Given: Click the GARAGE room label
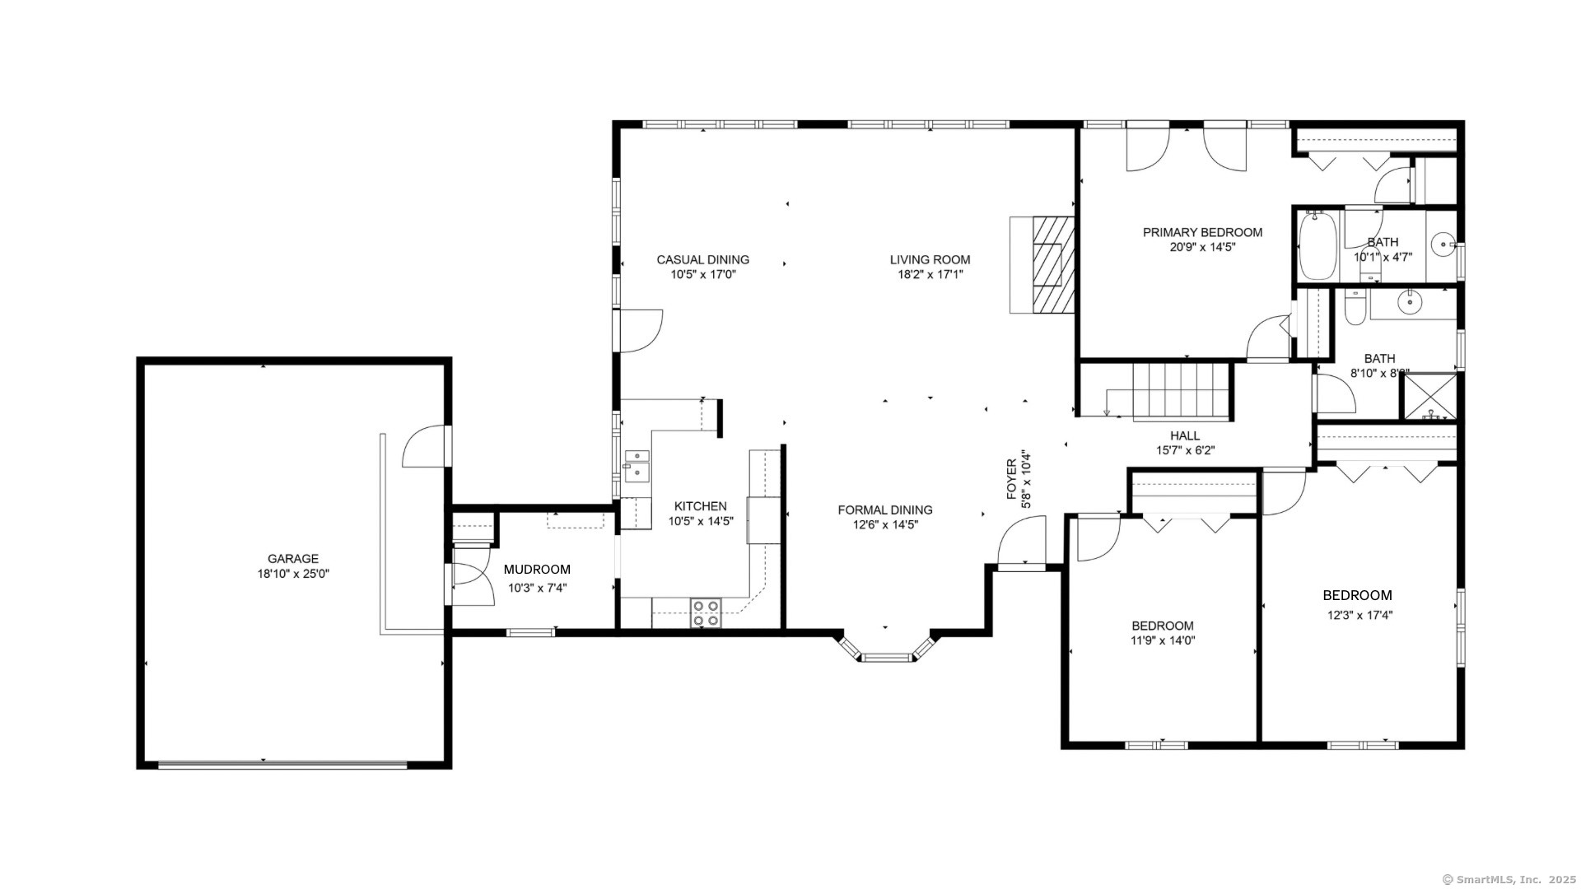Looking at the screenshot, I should [x=292, y=559].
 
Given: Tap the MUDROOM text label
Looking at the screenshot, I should [x=537, y=570].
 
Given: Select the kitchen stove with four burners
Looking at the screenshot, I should [x=706, y=613].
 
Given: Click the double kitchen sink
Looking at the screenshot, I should [x=637, y=464].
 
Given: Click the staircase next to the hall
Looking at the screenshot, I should [x=1181, y=392].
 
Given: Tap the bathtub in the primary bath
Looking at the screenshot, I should [x=1319, y=245].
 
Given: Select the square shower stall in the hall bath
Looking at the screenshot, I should [x=1429, y=397].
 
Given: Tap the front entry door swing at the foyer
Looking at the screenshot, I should [x=1021, y=542].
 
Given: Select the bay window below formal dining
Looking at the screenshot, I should [x=888, y=649].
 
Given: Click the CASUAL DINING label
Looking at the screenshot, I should [x=702, y=260].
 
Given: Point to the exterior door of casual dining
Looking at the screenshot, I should [x=640, y=331].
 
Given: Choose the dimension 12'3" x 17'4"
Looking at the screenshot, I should [x=1359, y=615].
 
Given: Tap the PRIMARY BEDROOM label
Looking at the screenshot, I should [x=1202, y=233].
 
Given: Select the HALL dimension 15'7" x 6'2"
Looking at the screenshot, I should [x=1185, y=450].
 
